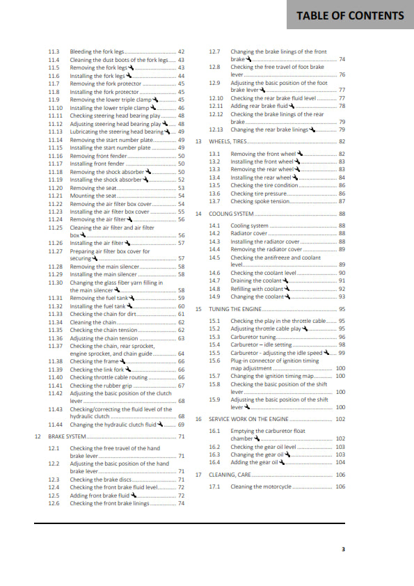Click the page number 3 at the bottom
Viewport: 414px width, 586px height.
click(343, 549)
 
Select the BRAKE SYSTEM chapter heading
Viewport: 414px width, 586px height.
click(67, 436)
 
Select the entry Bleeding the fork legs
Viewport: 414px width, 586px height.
click(98, 52)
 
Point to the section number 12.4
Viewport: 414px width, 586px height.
click(54, 487)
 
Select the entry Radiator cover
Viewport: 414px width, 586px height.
click(249, 233)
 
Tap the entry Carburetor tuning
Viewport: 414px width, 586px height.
click(253, 337)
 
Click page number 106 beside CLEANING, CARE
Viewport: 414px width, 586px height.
click(340, 475)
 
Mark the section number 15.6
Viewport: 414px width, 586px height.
click(214, 361)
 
